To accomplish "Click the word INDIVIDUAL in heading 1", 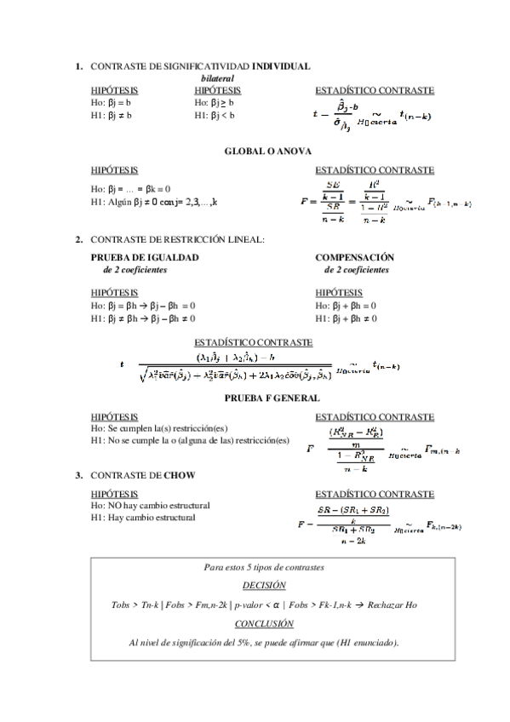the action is [x=281, y=66].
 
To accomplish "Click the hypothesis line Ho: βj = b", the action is [x=111, y=102].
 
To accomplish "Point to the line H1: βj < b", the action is [x=214, y=114].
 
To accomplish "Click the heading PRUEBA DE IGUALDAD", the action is [x=145, y=256].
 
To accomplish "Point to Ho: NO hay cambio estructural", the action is [x=150, y=506].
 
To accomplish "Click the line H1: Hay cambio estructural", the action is [x=142, y=517].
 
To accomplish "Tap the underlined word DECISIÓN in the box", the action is [x=264, y=585].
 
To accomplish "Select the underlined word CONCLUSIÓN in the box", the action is [x=264, y=624].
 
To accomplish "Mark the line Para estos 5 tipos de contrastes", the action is [x=264, y=566].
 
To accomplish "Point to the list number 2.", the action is [x=78, y=239].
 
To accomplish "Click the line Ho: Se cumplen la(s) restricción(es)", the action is [x=158, y=428].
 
